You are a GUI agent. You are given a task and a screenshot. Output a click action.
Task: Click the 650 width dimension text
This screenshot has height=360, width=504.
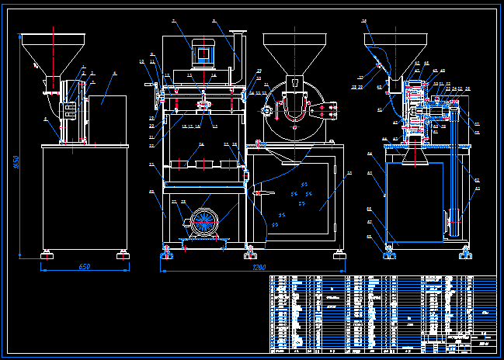[85, 266]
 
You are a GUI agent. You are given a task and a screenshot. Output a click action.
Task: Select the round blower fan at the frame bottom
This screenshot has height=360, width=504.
[204, 222]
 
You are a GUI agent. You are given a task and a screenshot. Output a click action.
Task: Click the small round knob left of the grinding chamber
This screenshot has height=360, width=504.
[267, 111]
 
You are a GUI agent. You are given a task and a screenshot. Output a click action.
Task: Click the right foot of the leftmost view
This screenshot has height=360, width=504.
[123, 251]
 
